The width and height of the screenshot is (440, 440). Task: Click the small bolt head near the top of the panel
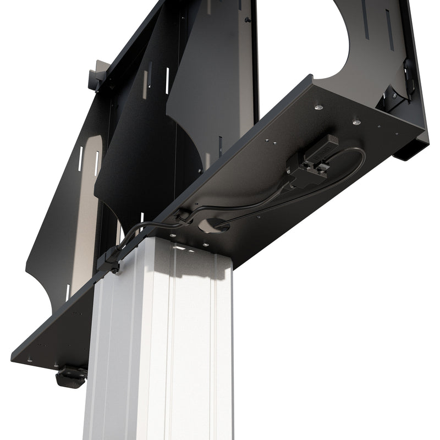pyautogui.click(x=249, y=20)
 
